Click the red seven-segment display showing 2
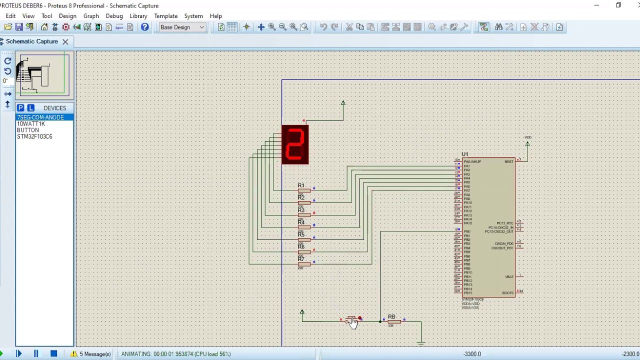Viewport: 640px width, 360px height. [295, 144]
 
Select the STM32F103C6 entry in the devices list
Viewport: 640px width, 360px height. [34, 136]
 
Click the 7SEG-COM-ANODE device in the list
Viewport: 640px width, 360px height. [40, 117]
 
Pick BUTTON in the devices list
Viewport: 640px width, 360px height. [28, 130]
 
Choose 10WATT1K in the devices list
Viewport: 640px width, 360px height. [31, 123]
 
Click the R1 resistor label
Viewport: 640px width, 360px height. [301, 185]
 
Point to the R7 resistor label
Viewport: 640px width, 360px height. [301, 258]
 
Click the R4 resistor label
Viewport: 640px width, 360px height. [301, 222]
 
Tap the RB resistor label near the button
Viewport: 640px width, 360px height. [391, 316]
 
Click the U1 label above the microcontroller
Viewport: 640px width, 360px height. [465, 154]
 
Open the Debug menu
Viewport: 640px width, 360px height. [114, 16]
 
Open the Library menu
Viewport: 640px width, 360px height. [138, 16]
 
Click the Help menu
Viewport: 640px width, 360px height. [215, 16]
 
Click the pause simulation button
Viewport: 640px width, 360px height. [36, 354]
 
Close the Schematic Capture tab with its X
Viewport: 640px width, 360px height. [65, 41]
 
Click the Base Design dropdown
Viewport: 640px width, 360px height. [182, 27]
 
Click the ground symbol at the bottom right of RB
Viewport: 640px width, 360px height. [421, 342]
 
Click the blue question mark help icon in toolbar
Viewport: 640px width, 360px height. [144, 27]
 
